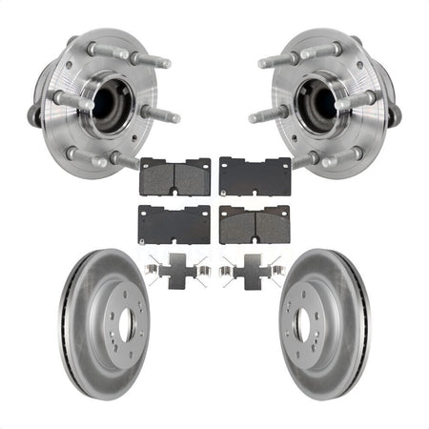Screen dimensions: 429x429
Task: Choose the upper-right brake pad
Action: click(x=255, y=174)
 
